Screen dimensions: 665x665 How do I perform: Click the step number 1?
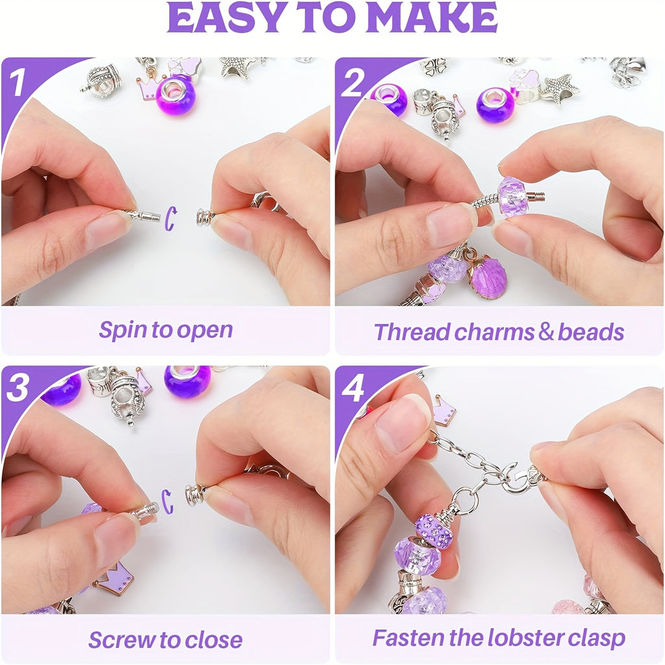[18, 82]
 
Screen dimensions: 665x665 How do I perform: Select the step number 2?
[352, 82]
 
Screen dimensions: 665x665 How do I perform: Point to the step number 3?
[18, 388]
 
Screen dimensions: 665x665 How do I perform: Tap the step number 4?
[353, 388]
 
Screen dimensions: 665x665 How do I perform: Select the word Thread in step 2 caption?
[412, 332]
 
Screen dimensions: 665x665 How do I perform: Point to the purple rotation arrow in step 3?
[168, 502]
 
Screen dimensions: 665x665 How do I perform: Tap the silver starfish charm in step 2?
[559, 88]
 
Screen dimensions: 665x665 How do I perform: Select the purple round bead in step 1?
[175, 96]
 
